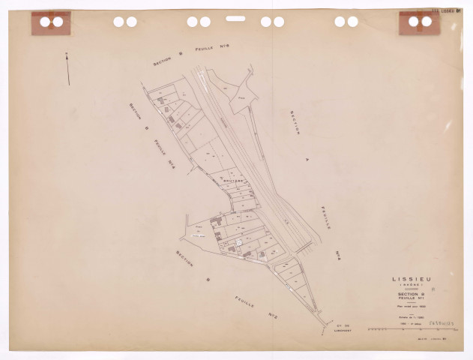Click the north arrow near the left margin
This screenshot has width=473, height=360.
tap(67, 68)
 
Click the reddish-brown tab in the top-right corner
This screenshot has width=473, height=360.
tap(420, 23)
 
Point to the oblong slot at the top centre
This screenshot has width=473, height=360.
tap(235, 18)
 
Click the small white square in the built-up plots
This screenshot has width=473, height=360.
tap(239, 243)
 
